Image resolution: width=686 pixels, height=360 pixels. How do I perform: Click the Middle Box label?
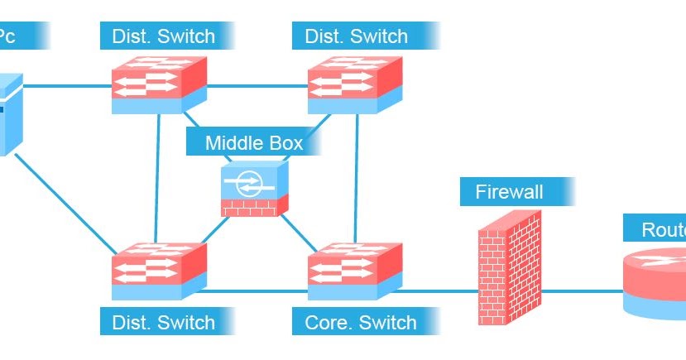[x=254, y=142]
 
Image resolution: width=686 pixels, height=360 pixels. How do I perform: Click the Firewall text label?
[x=510, y=192]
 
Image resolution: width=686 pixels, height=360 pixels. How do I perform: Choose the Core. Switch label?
[x=361, y=322]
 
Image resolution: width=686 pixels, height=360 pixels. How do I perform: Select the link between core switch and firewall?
[x=439, y=291]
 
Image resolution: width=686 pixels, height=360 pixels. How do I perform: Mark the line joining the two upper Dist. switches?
[x=257, y=84]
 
